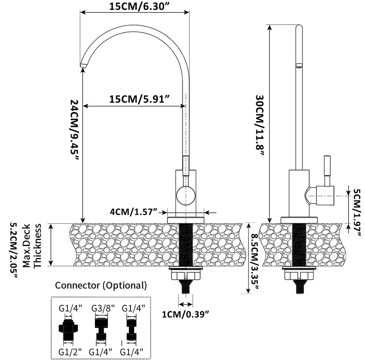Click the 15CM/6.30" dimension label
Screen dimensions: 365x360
pos(139,6)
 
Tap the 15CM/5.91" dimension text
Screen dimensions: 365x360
pos(139,99)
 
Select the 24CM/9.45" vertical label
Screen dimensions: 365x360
pos(74,130)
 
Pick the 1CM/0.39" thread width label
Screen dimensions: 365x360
pos(185,314)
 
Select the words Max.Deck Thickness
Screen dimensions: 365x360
pos(32,246)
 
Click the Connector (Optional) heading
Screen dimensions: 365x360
pos(101,285)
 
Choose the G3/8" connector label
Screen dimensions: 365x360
pos(103,308)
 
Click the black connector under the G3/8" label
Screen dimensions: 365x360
pos(102,329)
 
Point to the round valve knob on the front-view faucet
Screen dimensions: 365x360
pos(185,196)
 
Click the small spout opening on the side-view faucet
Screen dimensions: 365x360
pos(299,66)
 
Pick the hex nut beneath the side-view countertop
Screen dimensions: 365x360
pos(299,274)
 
